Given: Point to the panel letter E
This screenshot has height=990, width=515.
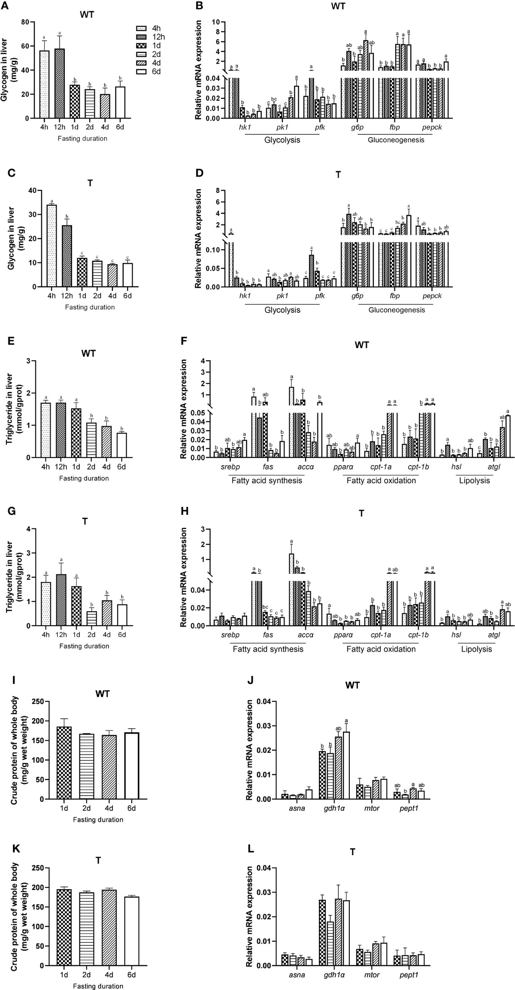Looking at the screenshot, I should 11,341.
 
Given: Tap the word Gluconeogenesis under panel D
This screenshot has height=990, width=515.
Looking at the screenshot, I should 396,310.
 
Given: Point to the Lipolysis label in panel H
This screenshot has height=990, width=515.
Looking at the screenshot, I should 476,649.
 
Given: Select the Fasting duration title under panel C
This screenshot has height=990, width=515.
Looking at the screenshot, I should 90,307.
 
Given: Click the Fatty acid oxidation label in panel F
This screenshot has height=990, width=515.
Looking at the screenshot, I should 381,480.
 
